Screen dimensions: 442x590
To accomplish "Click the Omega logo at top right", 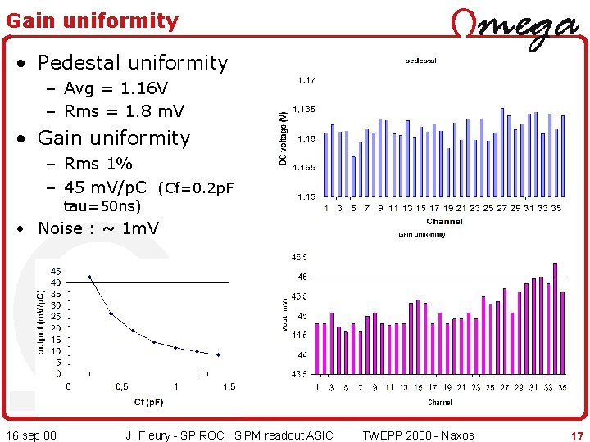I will tap(515, 26).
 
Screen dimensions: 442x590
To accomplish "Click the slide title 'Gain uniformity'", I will tap(92, 20).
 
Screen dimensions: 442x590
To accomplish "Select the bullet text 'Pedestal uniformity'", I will tap(132, 63).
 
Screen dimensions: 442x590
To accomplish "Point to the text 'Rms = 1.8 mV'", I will tap(124, 110).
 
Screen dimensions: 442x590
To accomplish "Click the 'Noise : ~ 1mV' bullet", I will tap(98, 228).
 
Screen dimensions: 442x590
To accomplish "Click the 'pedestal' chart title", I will tap(421, 61).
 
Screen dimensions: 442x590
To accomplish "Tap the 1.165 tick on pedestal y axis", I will tap(305, 109).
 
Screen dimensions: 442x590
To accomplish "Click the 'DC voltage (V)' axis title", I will tap(284, 138).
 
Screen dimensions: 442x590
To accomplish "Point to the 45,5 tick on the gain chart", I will tap(300, 296).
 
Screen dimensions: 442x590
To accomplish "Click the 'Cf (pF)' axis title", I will tap(148, 402).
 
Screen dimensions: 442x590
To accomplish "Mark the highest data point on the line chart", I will tap(90, 277).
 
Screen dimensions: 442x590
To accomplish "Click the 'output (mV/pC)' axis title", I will tap(42, 310).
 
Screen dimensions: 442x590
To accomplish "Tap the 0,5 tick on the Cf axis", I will tap(121, 387).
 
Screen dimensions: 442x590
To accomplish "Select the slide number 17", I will tap(577, 436).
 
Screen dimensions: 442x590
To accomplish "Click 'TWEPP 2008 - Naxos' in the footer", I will tap(418, 435).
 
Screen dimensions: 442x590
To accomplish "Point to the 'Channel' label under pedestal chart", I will tap(444, 221).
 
